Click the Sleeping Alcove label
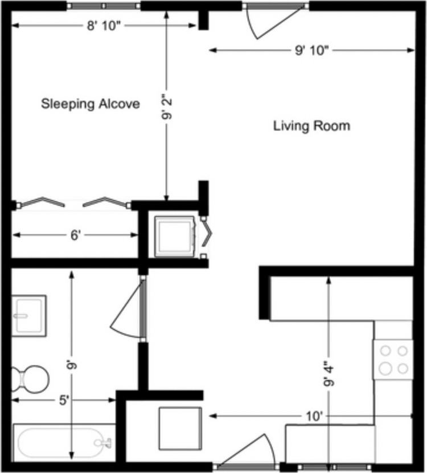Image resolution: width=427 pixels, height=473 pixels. tap(90, 104)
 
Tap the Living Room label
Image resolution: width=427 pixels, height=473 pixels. tap(311, 126)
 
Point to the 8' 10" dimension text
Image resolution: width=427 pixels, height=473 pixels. tap(104, 26)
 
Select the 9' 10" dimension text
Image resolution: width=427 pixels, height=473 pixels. tap(311, 50)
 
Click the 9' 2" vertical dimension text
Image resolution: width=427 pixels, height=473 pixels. tap(167, 107)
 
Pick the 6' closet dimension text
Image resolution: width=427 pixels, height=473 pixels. tap(75, 235)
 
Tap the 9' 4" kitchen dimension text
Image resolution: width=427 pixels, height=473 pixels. tap(329, 374)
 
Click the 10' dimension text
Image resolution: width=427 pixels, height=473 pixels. tap(314, 417)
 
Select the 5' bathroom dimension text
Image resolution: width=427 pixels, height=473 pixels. tap(64, 400)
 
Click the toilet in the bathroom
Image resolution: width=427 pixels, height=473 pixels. tap(30, 379)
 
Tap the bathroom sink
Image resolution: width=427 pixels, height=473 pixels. tap(29, 316)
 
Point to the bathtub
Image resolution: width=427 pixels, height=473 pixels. tap(64, 443)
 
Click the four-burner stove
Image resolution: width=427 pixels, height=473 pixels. tap(393, 360)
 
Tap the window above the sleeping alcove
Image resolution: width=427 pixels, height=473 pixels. tap(104, 6)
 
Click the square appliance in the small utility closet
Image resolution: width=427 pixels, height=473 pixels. tap(174, 237)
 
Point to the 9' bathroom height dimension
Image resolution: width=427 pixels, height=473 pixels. tap(72, 365)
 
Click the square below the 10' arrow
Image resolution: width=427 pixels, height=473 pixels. tap(180, 429)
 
